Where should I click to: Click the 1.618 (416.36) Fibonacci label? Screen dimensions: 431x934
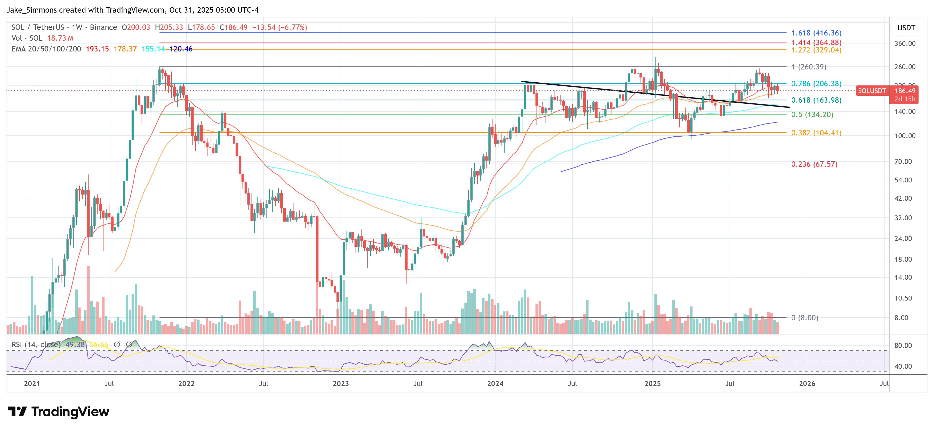click(x=816, y=33)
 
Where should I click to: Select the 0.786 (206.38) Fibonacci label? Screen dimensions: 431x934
click(x=816, y=84)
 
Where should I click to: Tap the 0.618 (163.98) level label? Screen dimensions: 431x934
click(x=816, y=100)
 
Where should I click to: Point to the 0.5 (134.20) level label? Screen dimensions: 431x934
click(x=812, y=115)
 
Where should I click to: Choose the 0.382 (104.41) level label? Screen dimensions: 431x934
click(x=816, y=133)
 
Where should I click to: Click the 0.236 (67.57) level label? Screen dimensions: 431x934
click(x=814, y=164)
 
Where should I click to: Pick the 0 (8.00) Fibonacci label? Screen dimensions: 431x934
click(x=805, y=318)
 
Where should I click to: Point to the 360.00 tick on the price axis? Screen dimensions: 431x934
click(x=905, y=43)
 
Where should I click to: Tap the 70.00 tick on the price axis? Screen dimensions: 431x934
click(x=905, y=162)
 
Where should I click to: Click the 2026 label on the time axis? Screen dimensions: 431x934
click(x=807, y=383)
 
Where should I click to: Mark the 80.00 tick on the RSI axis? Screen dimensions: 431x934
click(x=903, y=346)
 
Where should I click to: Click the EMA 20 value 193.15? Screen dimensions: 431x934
click(x=97, y=49)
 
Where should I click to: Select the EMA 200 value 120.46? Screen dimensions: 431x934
click(x=181, y=49)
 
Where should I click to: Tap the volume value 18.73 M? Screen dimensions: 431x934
click(x=60, y=38)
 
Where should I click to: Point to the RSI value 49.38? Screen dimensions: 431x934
click(x=75, y=344)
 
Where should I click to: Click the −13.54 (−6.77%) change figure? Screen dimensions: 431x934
click(x=280, y=28)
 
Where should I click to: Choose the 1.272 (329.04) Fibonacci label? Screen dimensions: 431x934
click(x=816, y=50)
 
